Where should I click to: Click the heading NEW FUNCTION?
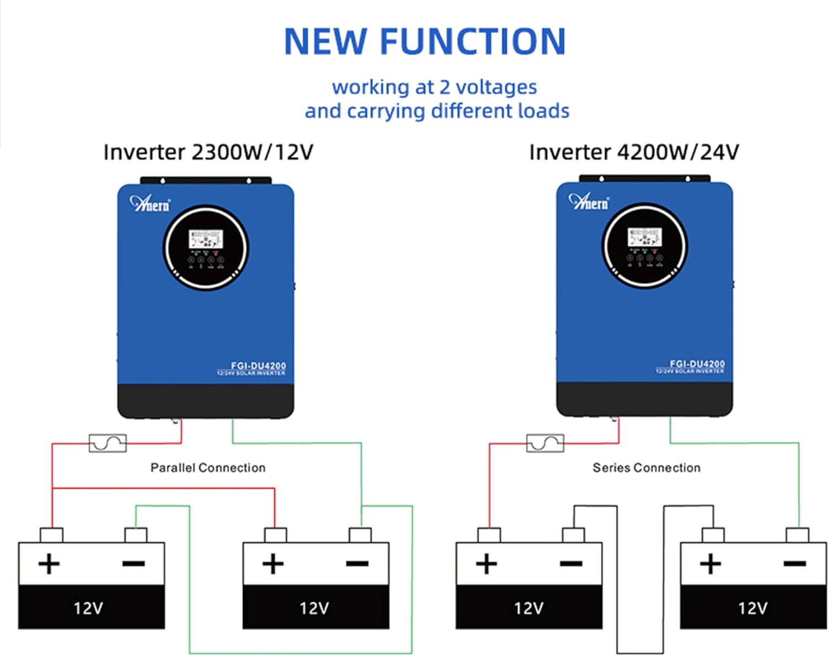tap(424, 41)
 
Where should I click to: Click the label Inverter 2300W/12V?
tap(208, 152)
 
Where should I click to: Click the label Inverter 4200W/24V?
tap(633, 152)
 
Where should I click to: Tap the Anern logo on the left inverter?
tap(150, 204)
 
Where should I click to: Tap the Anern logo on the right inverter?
tap(589, 202)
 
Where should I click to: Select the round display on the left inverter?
tap(206, 247)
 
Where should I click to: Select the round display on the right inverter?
tap(644, 245)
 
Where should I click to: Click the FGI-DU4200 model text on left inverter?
tap(258, 366)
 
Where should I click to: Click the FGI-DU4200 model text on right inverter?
tap(697, 364)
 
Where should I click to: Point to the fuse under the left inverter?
tap(108, 443)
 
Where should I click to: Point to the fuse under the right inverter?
tap(545, 443)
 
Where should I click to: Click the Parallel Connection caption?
tap(208, 468)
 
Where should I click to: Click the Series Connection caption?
tap(646, 468)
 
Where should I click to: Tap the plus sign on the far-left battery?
tap(49, 564)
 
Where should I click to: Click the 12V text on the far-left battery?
tap(88, 608)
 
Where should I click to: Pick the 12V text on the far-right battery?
tap(753, 608)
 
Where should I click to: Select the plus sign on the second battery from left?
tap(272, 564)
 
